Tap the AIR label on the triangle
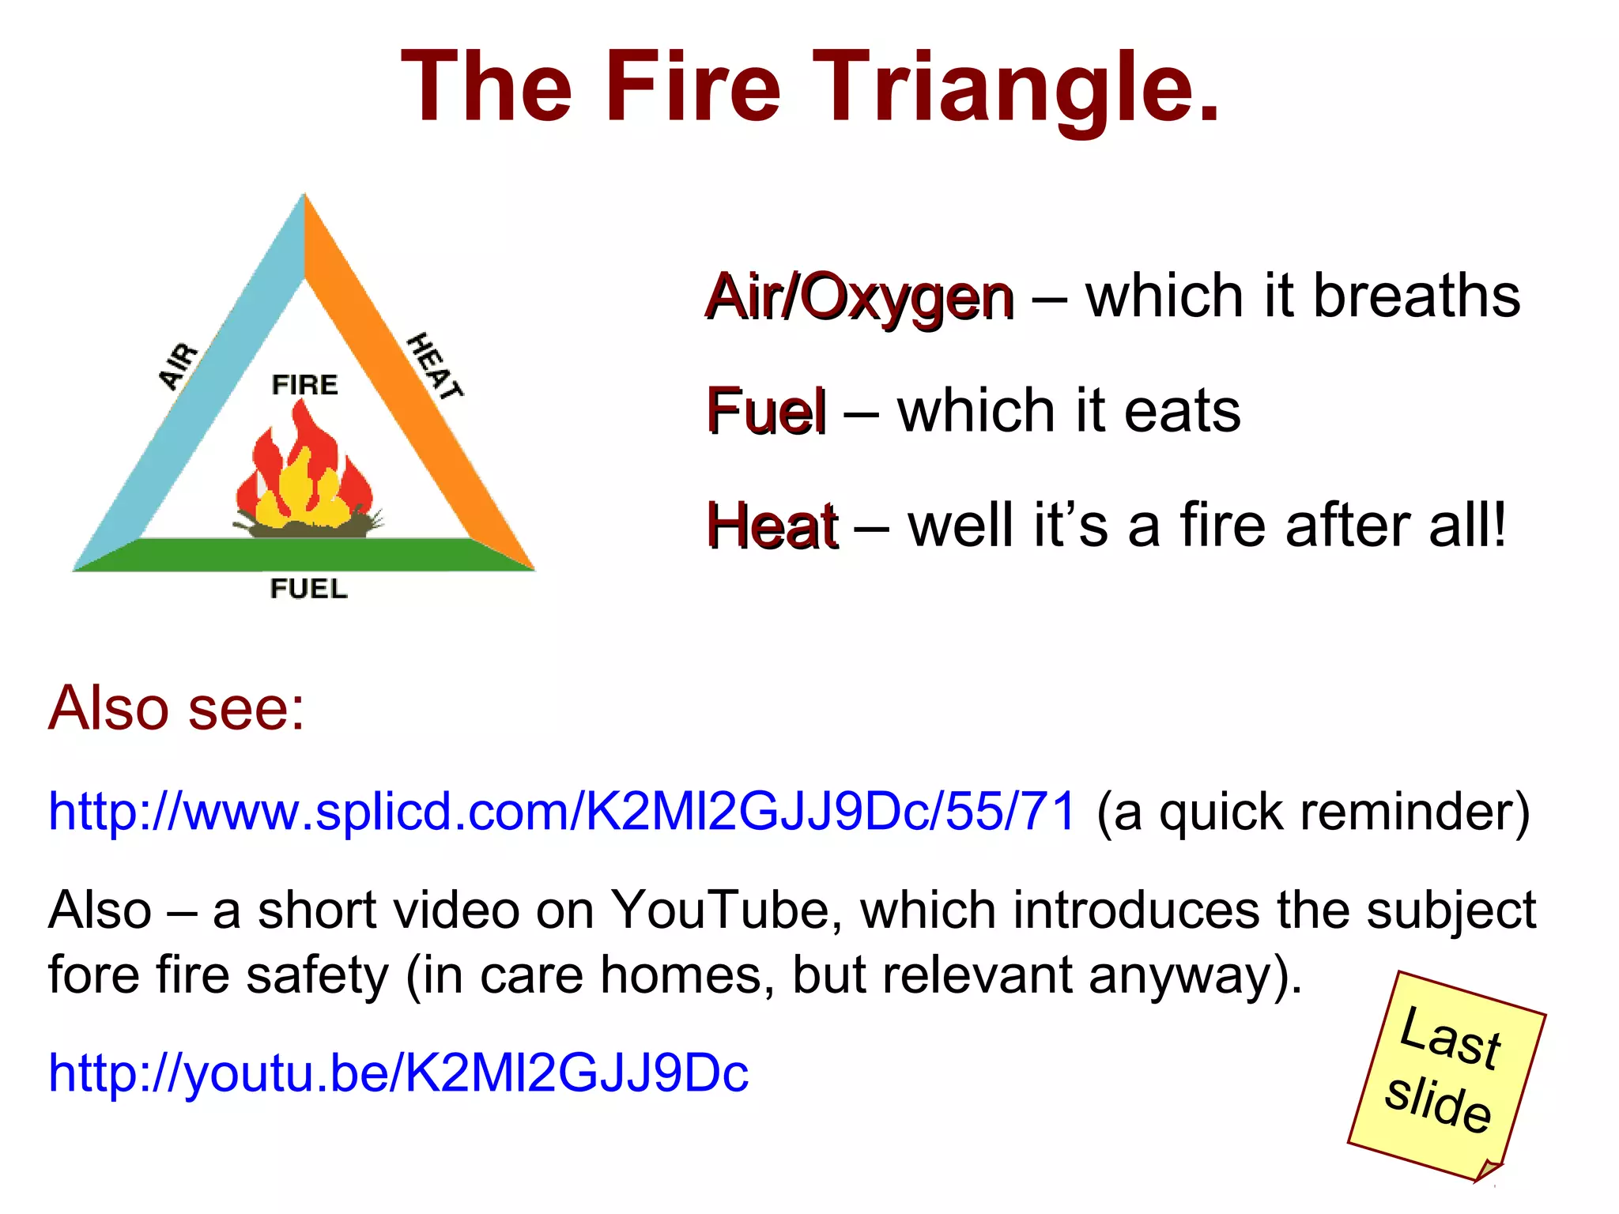(x=179, y=366)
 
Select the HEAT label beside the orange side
(x=434, y=366)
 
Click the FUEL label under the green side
(x=308, y=589)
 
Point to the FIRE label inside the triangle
(x=304, y=385)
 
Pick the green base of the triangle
(x=304, y=554)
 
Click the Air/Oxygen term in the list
(x=859, y=297)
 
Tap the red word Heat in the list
(x=772, y=526)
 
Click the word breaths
(x=1417, y=296)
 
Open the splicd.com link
(x=561, y=811)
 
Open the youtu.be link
(x=398, y=1073)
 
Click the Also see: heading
(x=176, y=707)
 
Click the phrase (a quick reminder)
(x=1313, y=812)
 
